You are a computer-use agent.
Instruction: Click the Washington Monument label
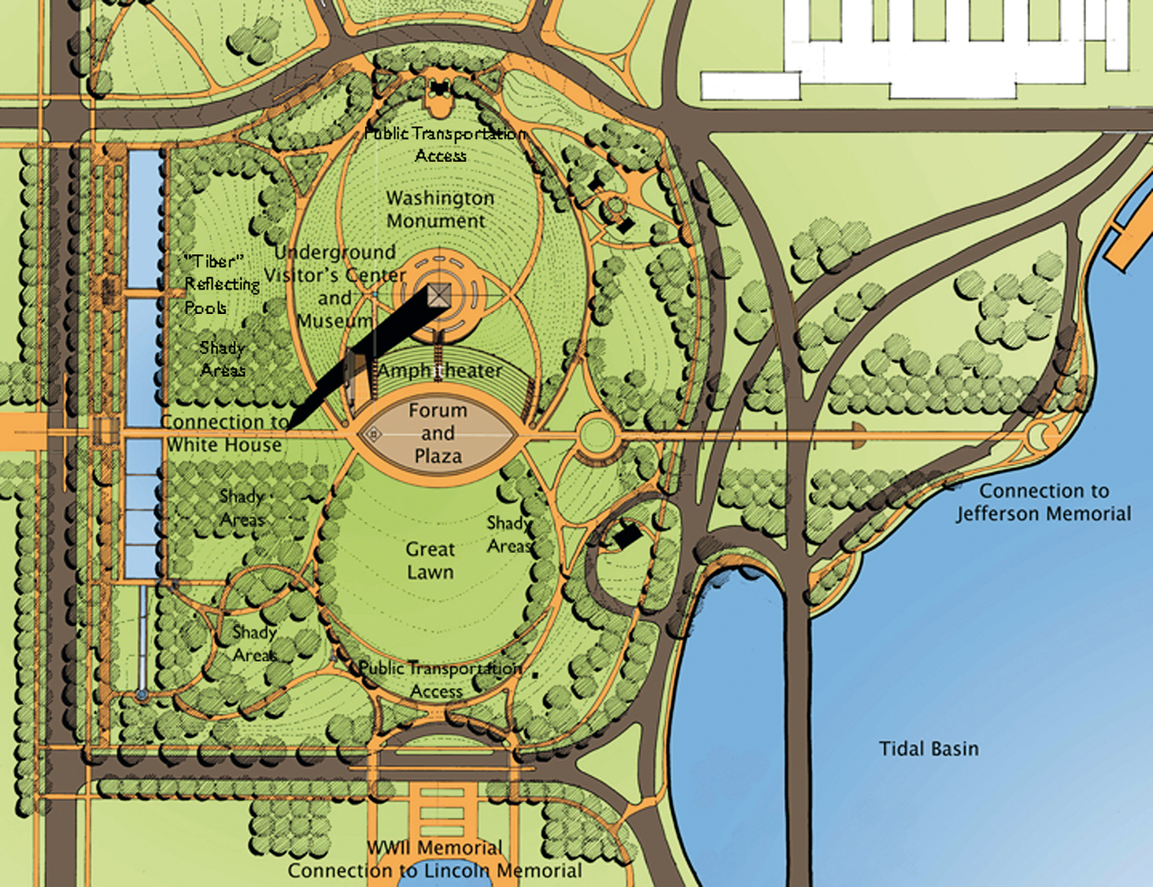[x=439, y=209]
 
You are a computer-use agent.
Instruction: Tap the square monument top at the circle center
[x=439, y=297]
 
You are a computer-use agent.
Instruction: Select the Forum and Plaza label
[x=438, y=433]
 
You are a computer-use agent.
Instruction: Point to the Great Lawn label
[x=431, y=560]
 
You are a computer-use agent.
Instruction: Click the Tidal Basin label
[x=929, y=748]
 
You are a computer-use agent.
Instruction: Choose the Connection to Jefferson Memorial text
[x=1044, y=502]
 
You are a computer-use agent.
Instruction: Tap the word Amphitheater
[x=439, y=370]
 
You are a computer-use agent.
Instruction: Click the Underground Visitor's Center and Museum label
[x=334, y=286]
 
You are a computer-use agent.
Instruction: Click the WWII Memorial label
[x=434, y=848]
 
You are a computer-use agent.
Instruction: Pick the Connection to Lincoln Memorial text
[x=434, y=870]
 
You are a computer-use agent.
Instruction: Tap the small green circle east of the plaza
[x=597, y=434]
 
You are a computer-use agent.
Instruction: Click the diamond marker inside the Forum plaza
[x=375, y=434]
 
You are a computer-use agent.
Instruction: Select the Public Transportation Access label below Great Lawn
[x=439, y=679]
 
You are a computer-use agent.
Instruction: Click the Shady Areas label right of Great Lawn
[x=509, y=534]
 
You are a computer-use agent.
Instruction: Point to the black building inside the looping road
[x=627, y=537]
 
